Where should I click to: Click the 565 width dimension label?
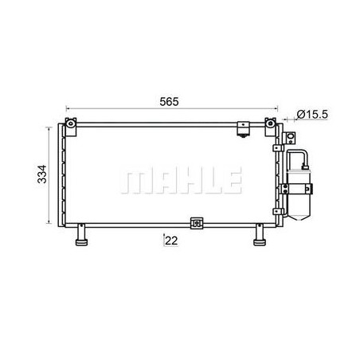click(x=169, y=102)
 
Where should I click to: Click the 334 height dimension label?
click(x=42, y=174)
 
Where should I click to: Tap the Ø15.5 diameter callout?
click(x=312, y=115)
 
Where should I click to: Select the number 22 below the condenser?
click(x=171, y=241)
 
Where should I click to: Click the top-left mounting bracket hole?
click(x=71, y=123)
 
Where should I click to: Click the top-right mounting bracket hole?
click(x=270, y=123)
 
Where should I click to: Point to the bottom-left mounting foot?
click(x=82, y=235)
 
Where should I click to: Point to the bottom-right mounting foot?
click(x=260, y=235)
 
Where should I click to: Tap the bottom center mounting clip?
click(x=197, y=223)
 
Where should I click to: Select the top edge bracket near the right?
click(x=244, y=129)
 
